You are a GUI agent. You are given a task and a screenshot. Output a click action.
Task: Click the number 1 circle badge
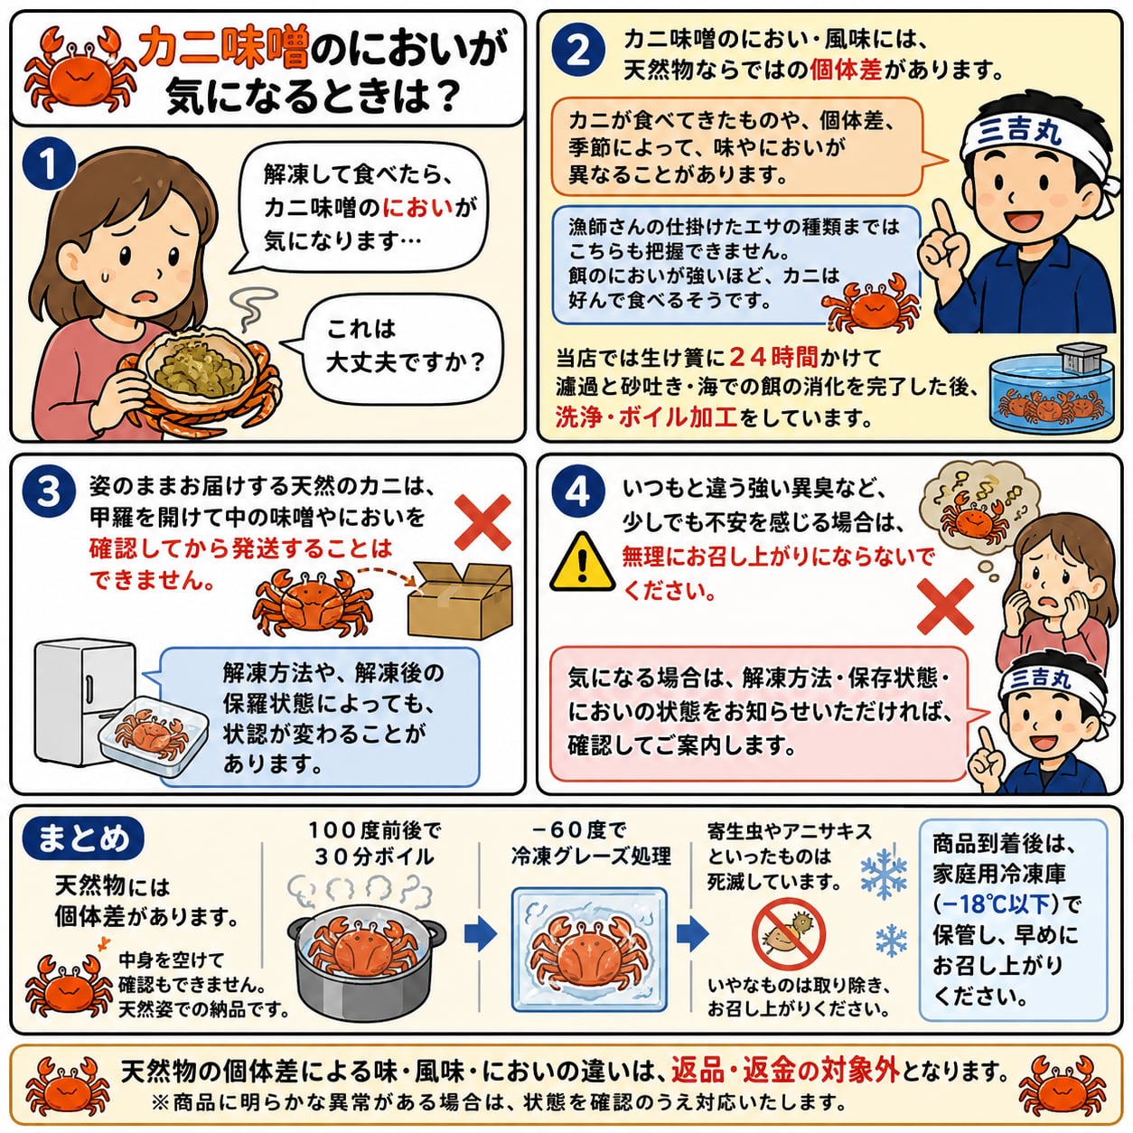click(49, 164)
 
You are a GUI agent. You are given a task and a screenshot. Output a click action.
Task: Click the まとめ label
click(83, 838)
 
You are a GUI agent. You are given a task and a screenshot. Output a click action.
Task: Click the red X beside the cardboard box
click(483, 522)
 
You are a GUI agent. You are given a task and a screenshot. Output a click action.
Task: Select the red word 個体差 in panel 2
click(846, 70)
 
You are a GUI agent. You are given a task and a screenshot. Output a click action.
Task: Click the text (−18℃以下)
click(999, 904)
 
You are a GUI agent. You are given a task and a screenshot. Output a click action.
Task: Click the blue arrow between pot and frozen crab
click(481, 933)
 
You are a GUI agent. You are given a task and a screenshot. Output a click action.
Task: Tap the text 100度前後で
click(375, 831)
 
